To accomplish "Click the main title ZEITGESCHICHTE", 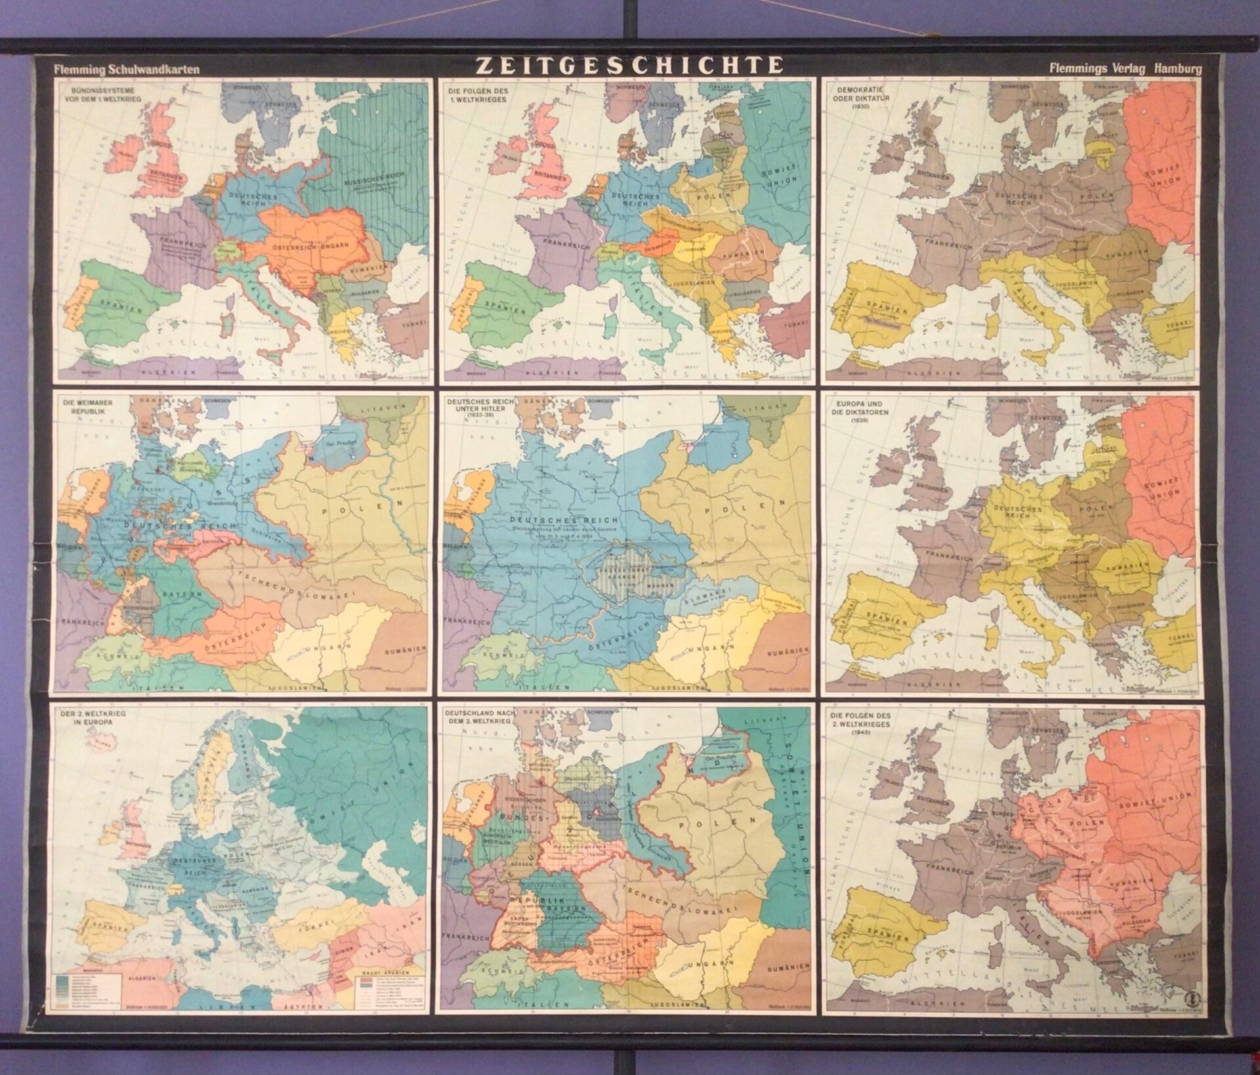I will (629, 65).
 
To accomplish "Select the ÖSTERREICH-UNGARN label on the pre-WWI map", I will (316, 249).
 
